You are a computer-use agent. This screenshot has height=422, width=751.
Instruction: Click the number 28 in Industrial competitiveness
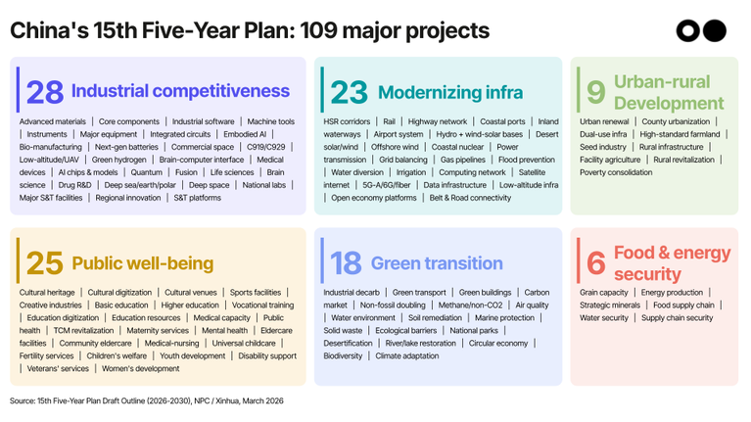click(45, 92)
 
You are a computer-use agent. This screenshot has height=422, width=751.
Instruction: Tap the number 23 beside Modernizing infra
click(349, 92)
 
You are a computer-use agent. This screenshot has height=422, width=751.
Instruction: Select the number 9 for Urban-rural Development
click(595, 91)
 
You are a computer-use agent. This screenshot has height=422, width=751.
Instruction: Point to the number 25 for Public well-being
click(44, 263)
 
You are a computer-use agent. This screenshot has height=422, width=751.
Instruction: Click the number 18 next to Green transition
click(346, 263)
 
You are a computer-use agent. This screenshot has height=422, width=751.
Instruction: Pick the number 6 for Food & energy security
click(595, 263)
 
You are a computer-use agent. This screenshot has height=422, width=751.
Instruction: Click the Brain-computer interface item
click(202, 160)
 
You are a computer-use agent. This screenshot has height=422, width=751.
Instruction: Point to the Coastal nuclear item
click(455, 147)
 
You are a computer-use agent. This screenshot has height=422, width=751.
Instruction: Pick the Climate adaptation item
click(407, 356)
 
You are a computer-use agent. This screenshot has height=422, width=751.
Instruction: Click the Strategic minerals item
click(610, 305)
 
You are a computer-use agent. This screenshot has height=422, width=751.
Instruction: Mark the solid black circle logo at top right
click(715, 31)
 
